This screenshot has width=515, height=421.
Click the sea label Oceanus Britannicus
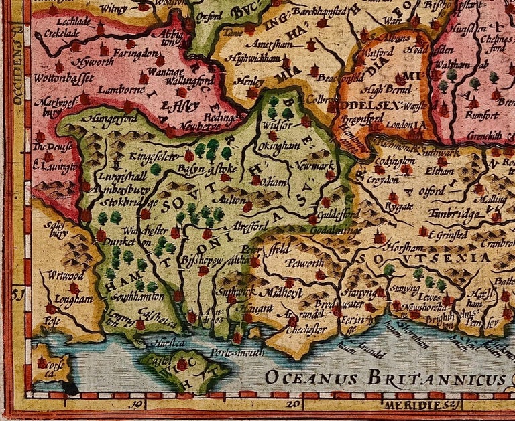pos(385,377)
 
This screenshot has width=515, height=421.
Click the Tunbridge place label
pos(459,214)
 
